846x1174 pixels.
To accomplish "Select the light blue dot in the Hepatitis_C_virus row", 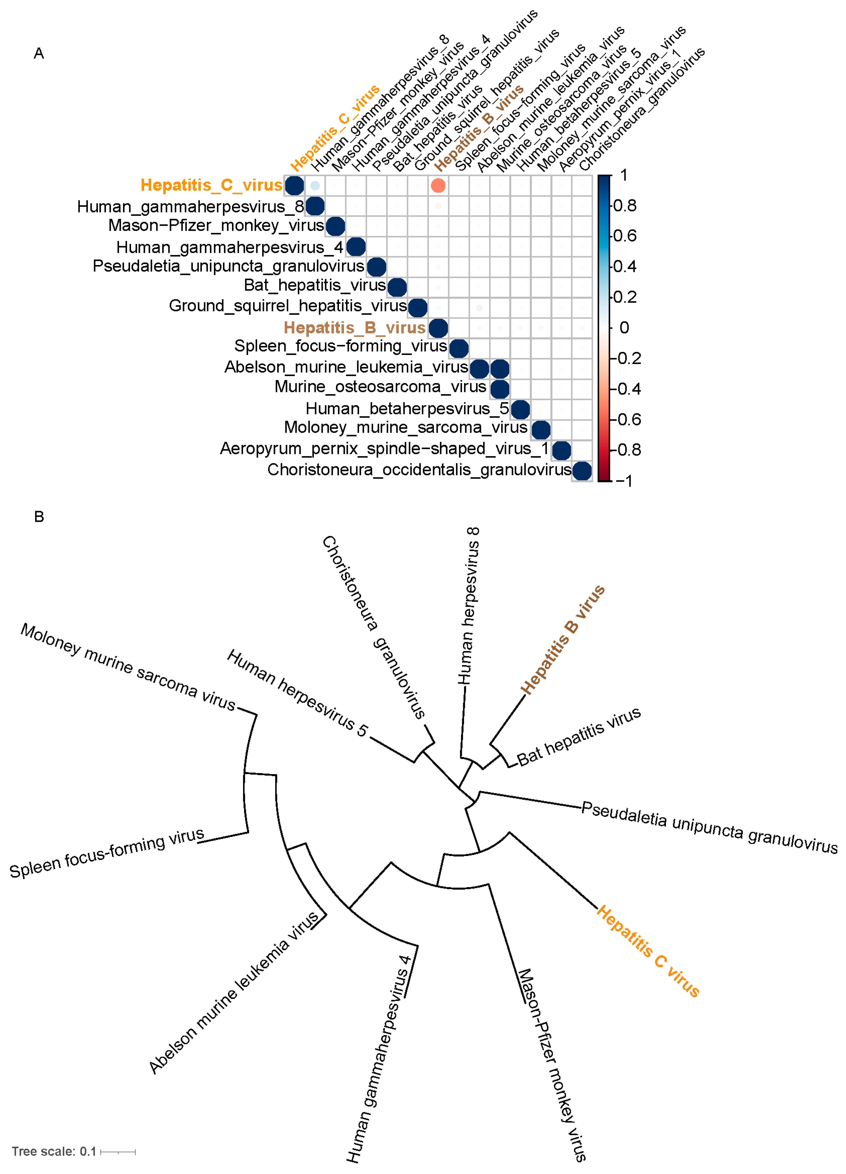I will click(x=315, y=185).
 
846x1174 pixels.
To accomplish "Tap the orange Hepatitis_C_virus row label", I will click(x=211, y=185).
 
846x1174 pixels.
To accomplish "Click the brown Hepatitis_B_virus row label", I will click(x=354, y=328).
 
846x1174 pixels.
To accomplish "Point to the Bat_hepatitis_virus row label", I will click(x=315, y=285).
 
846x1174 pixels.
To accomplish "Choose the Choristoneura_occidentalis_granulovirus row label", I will click(x=419, y=469).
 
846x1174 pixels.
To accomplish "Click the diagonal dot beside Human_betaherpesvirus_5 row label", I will click(x=520, y=409).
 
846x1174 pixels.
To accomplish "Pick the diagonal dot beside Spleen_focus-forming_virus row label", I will click(x=459, y=348).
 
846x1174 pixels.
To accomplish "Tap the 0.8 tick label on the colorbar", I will click(x=625, y=206).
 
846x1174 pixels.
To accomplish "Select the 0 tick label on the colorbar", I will click(x=624, y=328).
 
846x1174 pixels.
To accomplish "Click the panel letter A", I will click(x=39, y=53).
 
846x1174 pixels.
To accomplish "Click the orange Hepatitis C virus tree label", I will click(x=648, y=951).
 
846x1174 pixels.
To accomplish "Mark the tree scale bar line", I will click(x=118, y=1152).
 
